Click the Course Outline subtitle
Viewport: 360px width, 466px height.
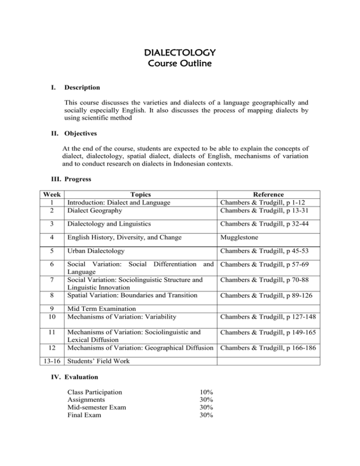click(180, 62)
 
